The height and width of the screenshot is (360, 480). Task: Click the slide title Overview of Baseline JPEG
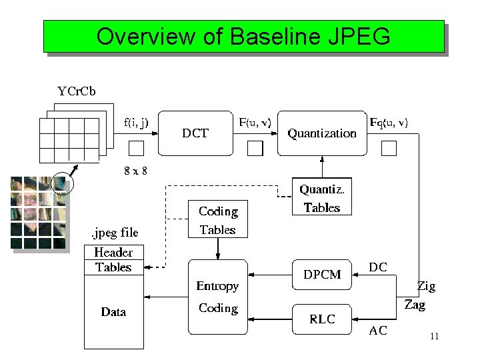[x=243, y=36]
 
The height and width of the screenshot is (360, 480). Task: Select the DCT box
[x=195, y=133]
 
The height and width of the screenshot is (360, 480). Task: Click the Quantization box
[x=322, y=133]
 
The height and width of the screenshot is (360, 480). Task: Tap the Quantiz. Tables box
[x=321, y=198]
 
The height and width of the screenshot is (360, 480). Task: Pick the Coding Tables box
[x=217, y=220]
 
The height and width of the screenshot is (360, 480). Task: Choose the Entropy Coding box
[x=217, y=297]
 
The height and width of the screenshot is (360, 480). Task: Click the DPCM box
[x=322, y=275]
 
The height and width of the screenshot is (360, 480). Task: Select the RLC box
[x=322, y=319]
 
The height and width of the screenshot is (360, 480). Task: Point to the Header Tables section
[x=113, y=260]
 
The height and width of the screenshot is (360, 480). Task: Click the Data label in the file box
[x=113, y=312]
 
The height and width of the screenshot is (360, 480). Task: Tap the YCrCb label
[x=76, y=92]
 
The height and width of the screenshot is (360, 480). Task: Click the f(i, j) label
[x=136, y=122]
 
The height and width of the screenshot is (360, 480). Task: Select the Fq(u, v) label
[x=389, y=122]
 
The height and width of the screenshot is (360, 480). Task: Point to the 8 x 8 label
[x=136, y=171]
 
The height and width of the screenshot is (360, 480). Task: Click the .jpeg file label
[x=114, y=233]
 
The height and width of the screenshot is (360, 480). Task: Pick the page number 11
[x=434, y=337]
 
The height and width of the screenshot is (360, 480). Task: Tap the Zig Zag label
[x=421, y=295]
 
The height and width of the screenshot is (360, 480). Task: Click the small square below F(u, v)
[x=255, y=148]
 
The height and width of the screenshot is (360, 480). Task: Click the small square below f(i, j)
[x=136, y=148]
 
